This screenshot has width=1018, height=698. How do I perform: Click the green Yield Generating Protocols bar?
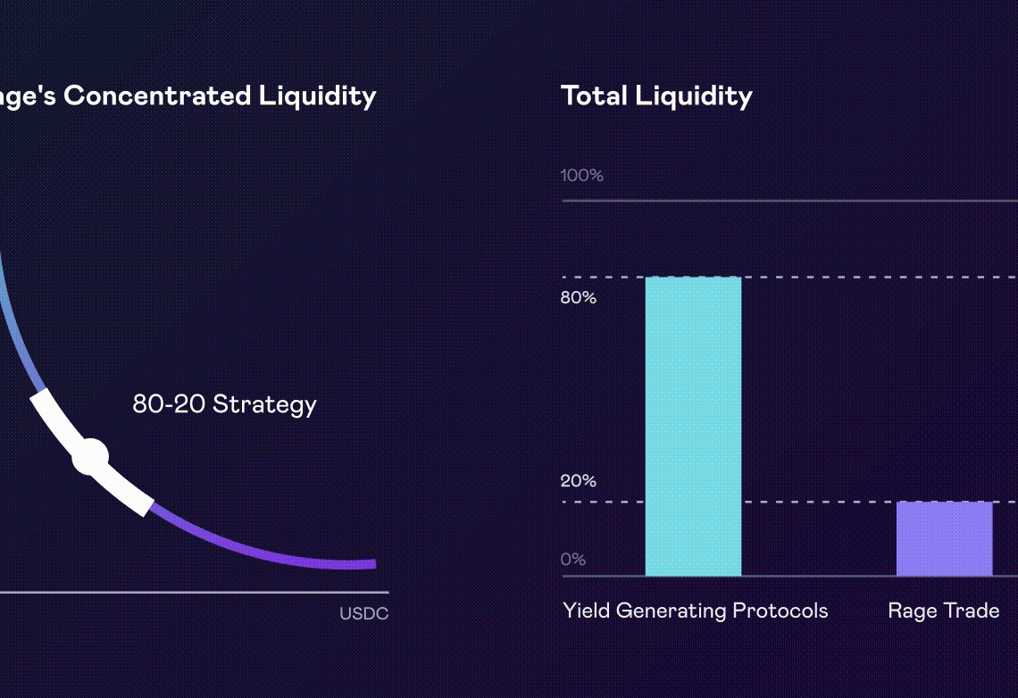(x=693, y=426)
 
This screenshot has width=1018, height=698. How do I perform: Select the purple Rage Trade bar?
(x=944, y=538)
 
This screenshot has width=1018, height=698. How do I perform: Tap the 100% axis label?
(x=582, y=175)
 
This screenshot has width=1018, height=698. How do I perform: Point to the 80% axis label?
(x=579, y=297)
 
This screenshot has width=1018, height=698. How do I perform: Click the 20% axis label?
(x=579, y=481)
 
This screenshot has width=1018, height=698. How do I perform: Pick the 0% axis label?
(x=573, y=560)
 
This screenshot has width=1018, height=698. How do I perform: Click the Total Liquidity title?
(x=656, y=96)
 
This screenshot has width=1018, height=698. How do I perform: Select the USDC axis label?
(x=363, y=614)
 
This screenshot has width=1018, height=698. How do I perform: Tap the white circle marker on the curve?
(x=90, y=457)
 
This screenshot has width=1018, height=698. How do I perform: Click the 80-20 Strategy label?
(x=224, y=404)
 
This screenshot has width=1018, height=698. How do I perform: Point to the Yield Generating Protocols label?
(x=695, y=611)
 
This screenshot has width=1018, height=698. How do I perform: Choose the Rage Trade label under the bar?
(x=943, y=611)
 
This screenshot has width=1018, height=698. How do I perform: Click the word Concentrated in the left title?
(x=158, y=96)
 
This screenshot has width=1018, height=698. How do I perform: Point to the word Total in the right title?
(x=592, y=96)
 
